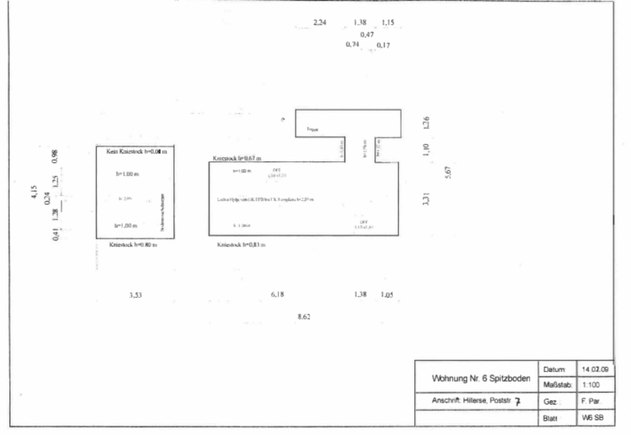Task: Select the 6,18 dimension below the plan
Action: tap(277, 295)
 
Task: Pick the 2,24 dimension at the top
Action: tap(319, 22)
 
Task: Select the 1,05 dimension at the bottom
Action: tap(386, 295)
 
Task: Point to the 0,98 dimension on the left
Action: tap(55, 156)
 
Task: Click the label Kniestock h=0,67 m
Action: tap(237, 158)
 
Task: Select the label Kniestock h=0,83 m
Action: tap(241, 244)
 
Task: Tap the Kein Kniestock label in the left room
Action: tap(136, 152)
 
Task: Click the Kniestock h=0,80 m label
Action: tap(133, 244)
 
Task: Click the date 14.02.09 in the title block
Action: tap(594, 369)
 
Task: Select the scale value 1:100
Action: tap(589, 385)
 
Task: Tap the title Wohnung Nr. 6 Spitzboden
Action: tap(480, 379)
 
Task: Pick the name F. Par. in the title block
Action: tap(589, 401)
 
